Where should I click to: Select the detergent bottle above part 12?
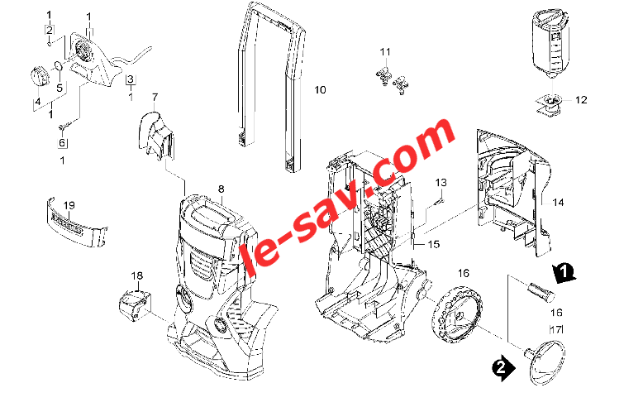click(552, 43)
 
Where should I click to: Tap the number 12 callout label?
click(581, 100)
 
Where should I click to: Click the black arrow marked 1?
click(564, 273)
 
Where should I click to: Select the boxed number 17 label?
click(556, 330)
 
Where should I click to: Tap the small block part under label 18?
click(136, 305)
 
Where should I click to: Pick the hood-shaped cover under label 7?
click(157, 135)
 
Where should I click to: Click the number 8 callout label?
click(221, 189)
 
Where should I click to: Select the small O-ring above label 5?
click(57, 65)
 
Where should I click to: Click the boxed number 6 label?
click(63, 142)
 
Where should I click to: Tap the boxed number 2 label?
click(50, 30)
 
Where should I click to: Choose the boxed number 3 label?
click(131, 79)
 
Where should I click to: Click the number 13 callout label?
click(441, 182)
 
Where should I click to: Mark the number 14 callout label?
click(558, 203)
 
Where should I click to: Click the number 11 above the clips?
click(385, 52)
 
